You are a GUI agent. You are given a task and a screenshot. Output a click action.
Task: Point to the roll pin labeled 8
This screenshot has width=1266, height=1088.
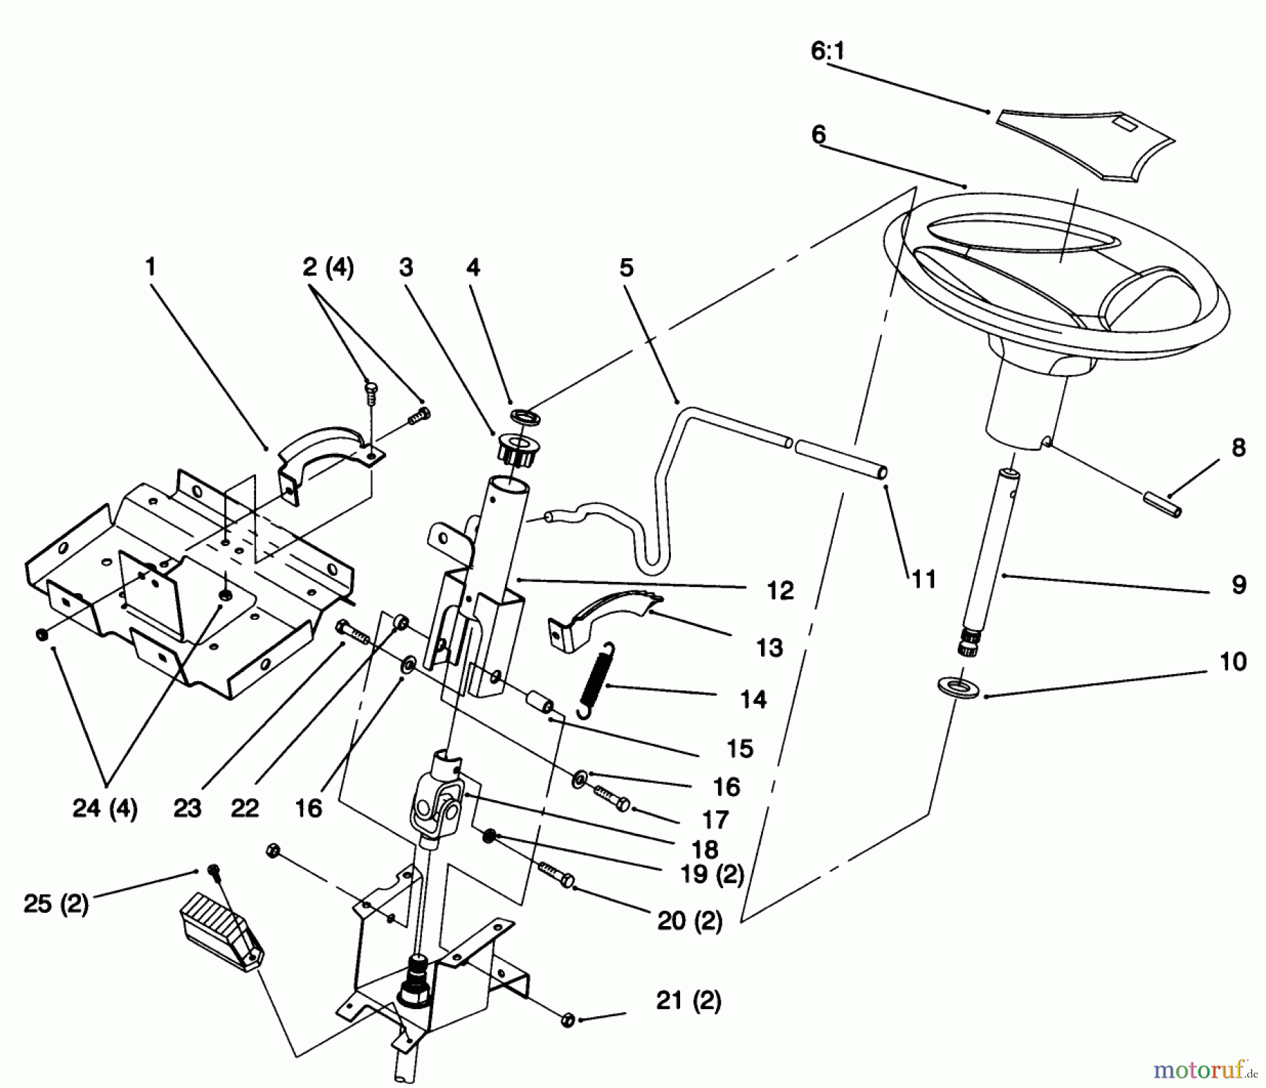(1162, 504)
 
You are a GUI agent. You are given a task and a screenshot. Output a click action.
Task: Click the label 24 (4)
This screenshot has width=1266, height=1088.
(105, 809)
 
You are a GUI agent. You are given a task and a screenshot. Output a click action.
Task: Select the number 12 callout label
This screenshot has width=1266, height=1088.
(780, 590)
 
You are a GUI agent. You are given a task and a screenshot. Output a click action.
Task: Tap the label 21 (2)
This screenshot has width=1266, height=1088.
(689, 1001)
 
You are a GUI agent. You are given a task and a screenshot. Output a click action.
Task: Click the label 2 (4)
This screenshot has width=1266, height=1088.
(328, 268)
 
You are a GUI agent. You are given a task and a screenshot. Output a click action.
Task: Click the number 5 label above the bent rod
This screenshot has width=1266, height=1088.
(626, 268)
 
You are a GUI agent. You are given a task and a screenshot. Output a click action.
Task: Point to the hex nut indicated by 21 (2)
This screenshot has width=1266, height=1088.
(569, 1020)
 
